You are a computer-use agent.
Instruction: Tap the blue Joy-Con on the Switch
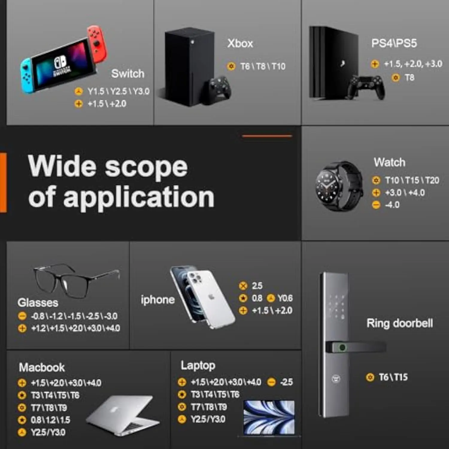coord(28,76)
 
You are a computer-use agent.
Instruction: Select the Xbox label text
coord(240,43)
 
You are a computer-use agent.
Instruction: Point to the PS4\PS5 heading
coord(394,43)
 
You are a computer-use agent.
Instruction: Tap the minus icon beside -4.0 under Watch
coord(376,205)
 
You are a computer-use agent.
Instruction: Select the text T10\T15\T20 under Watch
coord(412,180)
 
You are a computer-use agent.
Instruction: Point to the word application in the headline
coord(139,197)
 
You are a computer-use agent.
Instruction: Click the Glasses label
coord(38,303)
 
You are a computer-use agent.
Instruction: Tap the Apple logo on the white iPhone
coord(211,297)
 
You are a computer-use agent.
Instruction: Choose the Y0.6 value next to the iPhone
coord(285,298)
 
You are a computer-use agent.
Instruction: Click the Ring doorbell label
coord(400,323)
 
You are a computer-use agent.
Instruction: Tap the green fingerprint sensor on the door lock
coord(342,347)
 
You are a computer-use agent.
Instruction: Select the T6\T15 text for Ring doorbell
coord(393,377)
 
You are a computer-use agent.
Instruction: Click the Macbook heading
coord(42,367)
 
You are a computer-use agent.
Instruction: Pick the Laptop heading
coord(198,366)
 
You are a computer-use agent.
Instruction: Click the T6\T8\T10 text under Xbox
coord(263,66)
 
